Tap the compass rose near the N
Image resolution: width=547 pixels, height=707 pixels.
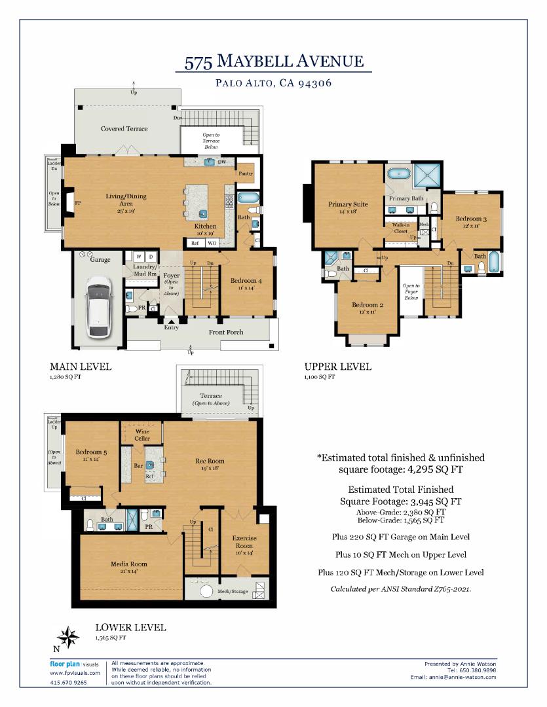68,637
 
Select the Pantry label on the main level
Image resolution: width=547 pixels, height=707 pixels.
246,173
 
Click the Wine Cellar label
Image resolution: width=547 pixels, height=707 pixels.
142,435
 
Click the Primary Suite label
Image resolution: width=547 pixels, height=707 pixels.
348,205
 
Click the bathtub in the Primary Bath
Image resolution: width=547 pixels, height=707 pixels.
398,174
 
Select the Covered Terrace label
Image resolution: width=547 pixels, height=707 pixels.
124,129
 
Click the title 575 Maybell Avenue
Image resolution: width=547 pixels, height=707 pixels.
273,62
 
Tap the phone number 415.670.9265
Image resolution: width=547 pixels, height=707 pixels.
68,682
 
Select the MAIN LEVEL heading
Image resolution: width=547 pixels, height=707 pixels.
81,367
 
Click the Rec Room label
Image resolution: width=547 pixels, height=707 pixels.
210,462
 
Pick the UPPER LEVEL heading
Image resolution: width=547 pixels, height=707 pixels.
337,367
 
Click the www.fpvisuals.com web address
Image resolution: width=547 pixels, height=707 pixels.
75,672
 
